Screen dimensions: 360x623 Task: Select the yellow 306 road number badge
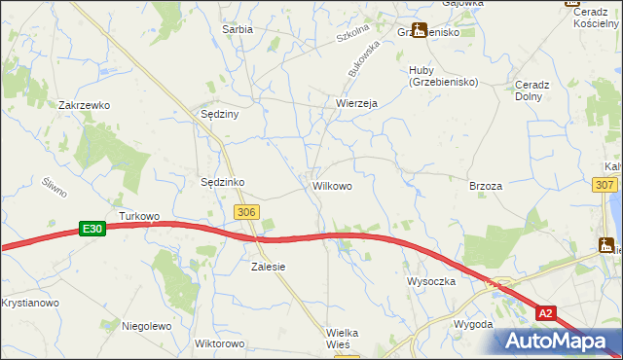[247, 211]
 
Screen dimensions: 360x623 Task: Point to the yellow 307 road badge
[605, 184]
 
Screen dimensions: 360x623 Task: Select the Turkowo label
[138, 215]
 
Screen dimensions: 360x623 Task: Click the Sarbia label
[238, 30]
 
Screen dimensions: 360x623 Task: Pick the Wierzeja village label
[355, 102]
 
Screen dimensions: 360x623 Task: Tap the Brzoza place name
[485, 186]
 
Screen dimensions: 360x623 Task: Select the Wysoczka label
[431, 281]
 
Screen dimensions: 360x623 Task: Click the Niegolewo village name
[146, 326]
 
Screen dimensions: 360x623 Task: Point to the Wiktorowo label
[219, 343]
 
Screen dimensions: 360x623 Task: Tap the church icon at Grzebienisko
[419, 30]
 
